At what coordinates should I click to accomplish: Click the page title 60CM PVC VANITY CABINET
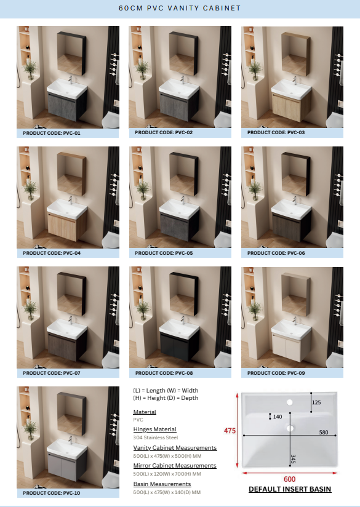[x=180, y=8]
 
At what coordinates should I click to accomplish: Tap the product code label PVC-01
[x=52, y=133]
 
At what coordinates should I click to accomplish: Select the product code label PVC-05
[x=164, y=253]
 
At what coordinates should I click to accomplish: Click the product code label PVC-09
[x=276, y=373]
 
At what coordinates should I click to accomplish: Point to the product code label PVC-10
[x=52, y=493]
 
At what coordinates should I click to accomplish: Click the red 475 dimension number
[x=230, y=431]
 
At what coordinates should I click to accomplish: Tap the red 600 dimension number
[x=289, y=479]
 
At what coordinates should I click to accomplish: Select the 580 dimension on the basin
[x=324, y=433]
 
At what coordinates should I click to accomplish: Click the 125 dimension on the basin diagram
[x=316, y=402]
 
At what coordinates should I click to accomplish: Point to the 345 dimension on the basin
[x=293, y=459]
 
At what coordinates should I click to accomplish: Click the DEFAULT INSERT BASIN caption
[x=290, y=489]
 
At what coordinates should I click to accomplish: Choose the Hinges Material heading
[x=154, y=429]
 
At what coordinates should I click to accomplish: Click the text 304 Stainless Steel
[x=156, y=437]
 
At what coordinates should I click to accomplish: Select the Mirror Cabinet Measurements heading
[x=175, y=466]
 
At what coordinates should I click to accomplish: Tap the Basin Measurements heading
[x=162, y=484]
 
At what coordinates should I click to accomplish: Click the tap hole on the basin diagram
[x=289, y=402]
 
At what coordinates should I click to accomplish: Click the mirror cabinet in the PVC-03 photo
[x=295, y=54]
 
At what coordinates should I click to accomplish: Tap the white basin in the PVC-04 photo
[x=67, y=209]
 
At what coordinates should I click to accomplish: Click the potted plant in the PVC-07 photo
[x=30, y=309]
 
